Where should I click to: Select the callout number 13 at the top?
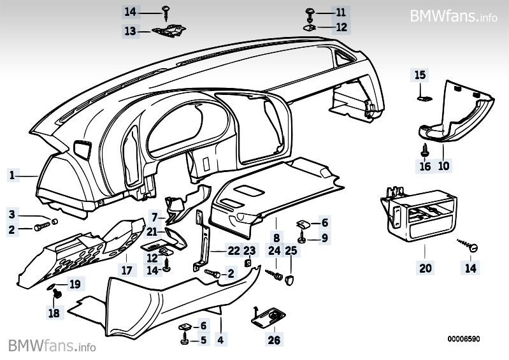(130, 31)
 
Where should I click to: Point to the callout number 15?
(420, 75)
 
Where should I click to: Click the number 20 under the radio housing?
(425, 268)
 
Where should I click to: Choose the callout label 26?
(274, 340)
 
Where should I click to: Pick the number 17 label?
(127, 270)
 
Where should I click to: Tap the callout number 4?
(220, 340)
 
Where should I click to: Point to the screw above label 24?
(277, 275)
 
